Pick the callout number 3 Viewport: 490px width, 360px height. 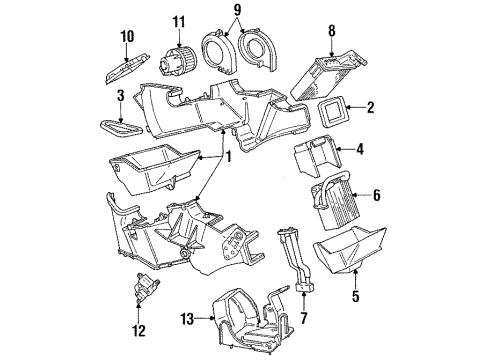pos(120,96)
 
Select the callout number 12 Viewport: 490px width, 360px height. pos(141,329)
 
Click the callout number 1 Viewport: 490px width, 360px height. pos(227,156)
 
